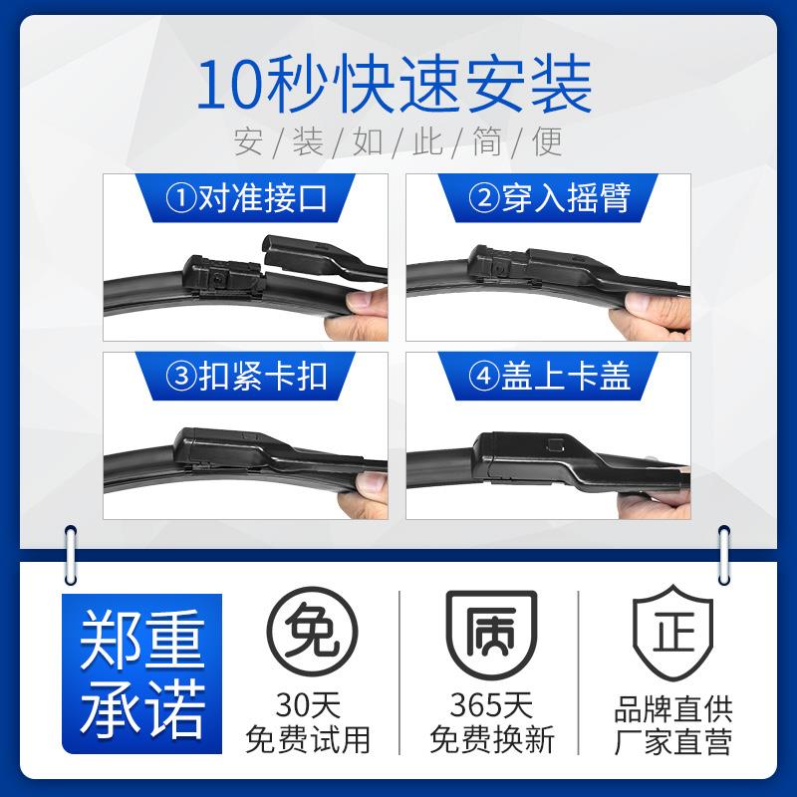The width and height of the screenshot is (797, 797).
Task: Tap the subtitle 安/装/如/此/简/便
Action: tap(398, 142)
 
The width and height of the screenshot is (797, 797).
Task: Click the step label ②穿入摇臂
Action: tap(551, 197)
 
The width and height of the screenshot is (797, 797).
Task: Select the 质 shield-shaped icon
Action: tap(490, 635)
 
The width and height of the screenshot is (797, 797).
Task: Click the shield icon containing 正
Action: tap(672, 635)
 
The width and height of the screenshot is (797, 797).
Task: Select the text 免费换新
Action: tap(490, 740)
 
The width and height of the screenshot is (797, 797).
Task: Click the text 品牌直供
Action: tap(672, 706)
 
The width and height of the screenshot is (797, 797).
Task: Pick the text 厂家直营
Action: tap(672, 740)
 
